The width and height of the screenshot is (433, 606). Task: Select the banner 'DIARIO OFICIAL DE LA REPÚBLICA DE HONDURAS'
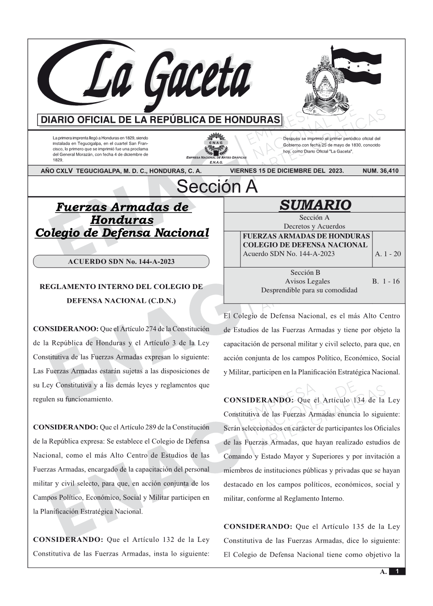tap(160, 120)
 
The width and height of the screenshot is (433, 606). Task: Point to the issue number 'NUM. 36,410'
tap(380, 171)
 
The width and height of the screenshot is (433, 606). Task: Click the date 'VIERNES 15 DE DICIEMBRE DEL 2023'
tap(286, 171)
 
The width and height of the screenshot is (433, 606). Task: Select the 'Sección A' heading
tap(217, 187)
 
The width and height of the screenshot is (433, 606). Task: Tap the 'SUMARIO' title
tap(315, 205)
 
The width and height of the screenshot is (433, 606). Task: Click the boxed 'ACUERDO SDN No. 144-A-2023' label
tap(121, 262)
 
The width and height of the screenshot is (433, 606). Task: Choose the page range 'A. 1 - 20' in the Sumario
tap(388, 254)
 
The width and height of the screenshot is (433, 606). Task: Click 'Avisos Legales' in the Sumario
tap(307, 281)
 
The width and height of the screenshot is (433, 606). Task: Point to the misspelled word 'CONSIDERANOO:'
tap(66, 329)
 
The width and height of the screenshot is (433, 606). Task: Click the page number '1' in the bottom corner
tap(397, 571)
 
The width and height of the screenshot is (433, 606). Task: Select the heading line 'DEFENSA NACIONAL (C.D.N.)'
tap(121, 301)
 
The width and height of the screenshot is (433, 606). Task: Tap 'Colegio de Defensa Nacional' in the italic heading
tap(122, 233)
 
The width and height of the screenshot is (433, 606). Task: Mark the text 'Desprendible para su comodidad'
tap(309, 290)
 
